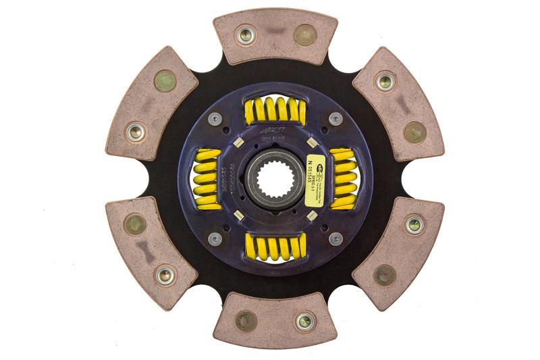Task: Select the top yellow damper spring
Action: (275, 111)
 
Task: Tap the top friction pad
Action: (275, 34)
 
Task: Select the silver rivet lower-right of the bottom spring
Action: (335, 238)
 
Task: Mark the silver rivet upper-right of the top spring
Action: (335, 119)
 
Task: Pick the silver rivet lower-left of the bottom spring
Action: (215, 238)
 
